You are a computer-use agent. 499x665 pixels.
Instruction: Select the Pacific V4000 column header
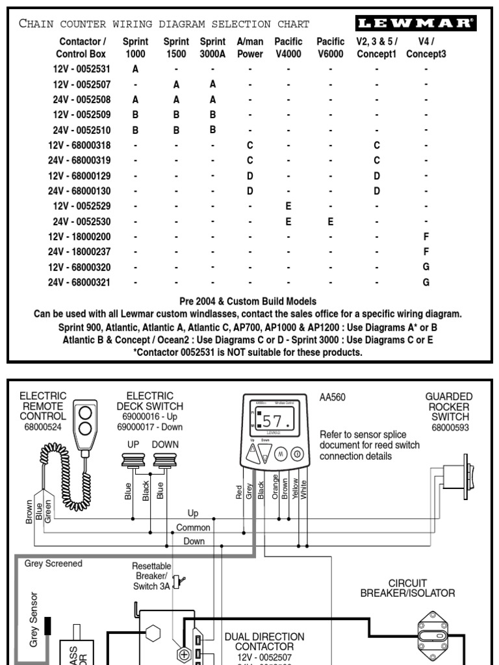(x=288, y=47)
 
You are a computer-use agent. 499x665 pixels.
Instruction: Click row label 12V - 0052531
(x=82, y=68)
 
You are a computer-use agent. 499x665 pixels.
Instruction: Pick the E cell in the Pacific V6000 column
(x=330, y=221)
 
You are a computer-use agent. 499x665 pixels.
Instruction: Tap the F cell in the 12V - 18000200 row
(x=426, y=236)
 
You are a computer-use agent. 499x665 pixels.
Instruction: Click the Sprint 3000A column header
(x=212, y=47)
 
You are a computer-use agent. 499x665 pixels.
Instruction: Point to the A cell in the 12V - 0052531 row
(x=135, y=68)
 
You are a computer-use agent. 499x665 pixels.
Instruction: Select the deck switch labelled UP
(x=133, y=462)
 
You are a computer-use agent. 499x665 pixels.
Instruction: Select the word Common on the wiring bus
(x=194, y=527)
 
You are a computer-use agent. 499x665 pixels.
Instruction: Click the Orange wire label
(x=275, y=485)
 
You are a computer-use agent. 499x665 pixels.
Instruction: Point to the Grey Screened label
(x=53, y=564)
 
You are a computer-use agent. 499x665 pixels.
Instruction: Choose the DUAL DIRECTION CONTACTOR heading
(x=264, y=642)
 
